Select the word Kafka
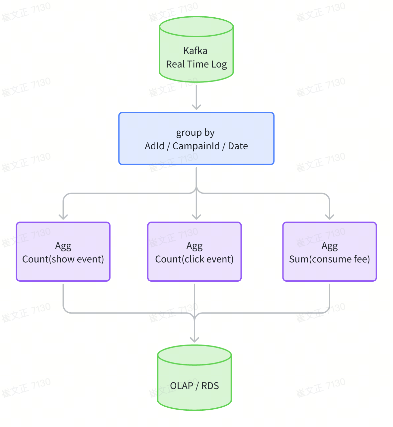(195, 51)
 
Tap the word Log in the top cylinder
(219, 64)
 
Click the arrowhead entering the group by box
(196, 107)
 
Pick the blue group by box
(196, 138)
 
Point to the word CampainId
(196, 146)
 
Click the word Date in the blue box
(238, 146)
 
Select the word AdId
(154, 146)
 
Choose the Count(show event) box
(63, 252)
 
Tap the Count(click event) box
(194, 252)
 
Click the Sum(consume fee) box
(330, 252)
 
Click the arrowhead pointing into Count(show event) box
(63, 217)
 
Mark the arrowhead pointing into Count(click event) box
(196, 217)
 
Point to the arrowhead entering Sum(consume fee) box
(330, 217)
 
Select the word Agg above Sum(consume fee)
(330, 246)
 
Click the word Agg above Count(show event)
(63, 246)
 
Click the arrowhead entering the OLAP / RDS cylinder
(194, 340)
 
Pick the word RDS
(210, 386)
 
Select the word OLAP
(182, 386)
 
